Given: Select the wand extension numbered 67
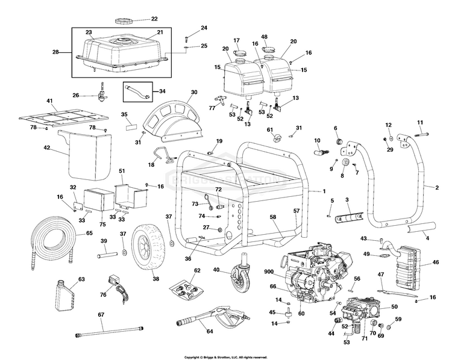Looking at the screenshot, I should click(x=109, y=331).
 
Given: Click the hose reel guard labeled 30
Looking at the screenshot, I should click(x=175, y=115).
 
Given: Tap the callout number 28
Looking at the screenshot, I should click(x=56, y=53).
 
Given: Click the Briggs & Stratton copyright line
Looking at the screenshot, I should click(x=225, y=356).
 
